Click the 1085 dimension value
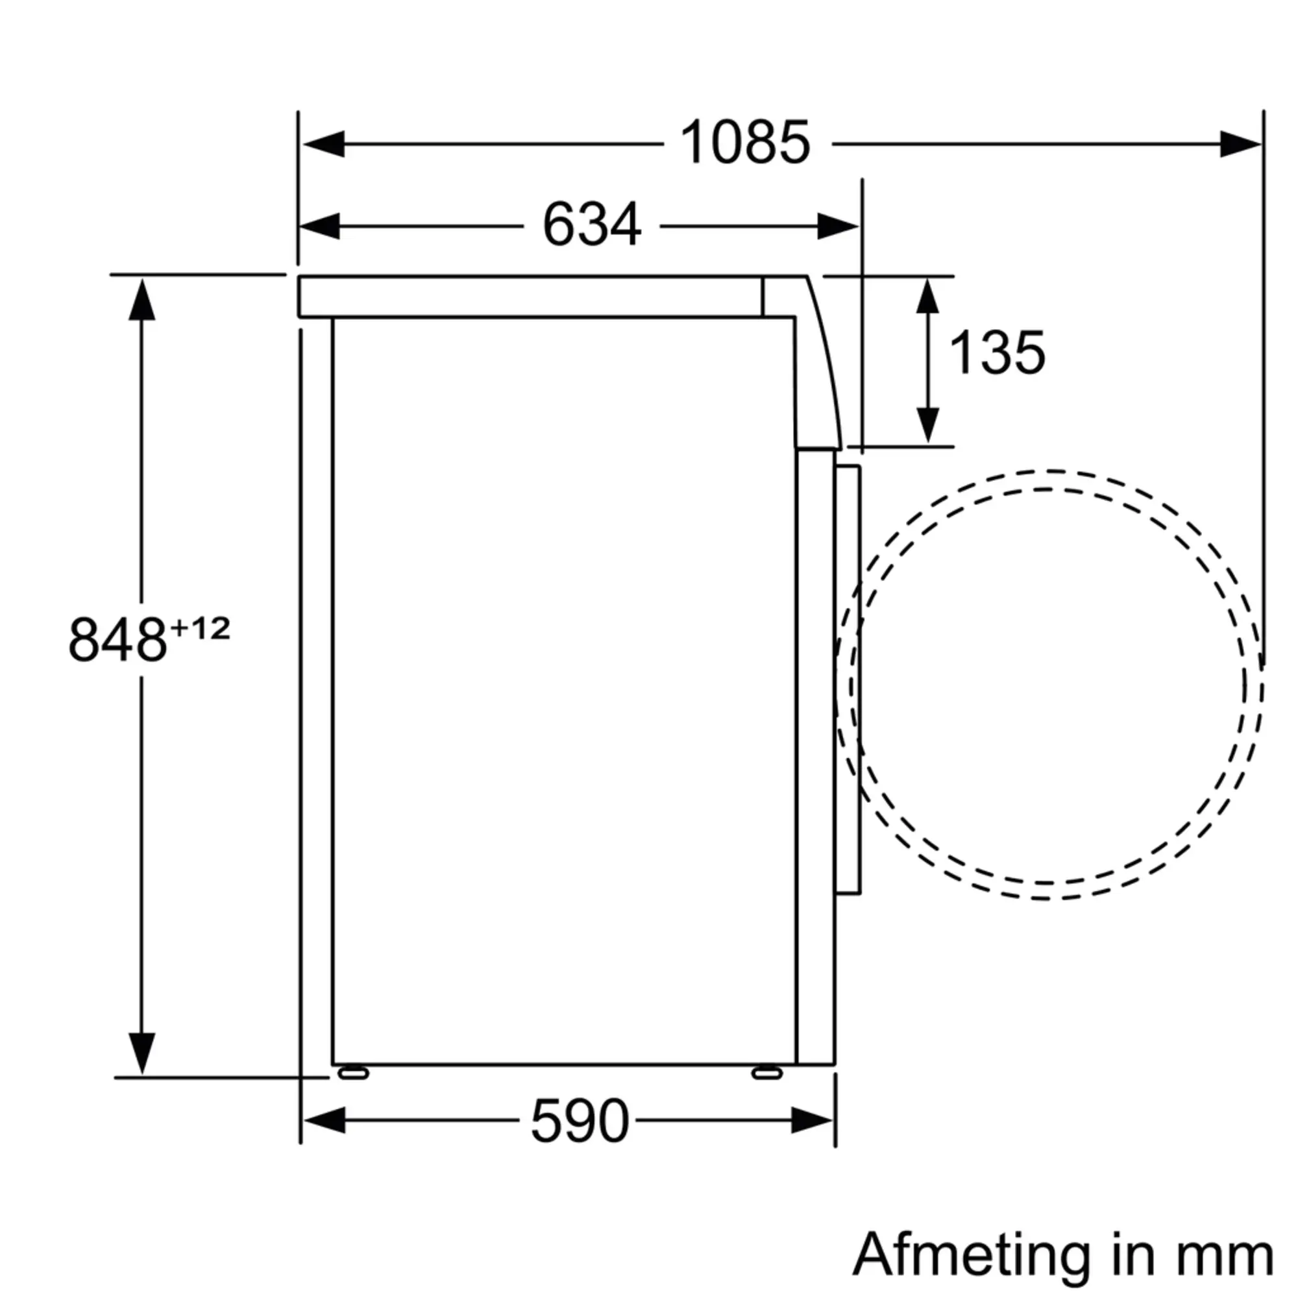[744, 143]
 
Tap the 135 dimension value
[997, 352]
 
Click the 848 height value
[117, 641]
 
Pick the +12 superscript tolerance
[200, 629]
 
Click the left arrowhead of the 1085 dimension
[324, 144]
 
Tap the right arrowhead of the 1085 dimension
[1240, 144]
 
